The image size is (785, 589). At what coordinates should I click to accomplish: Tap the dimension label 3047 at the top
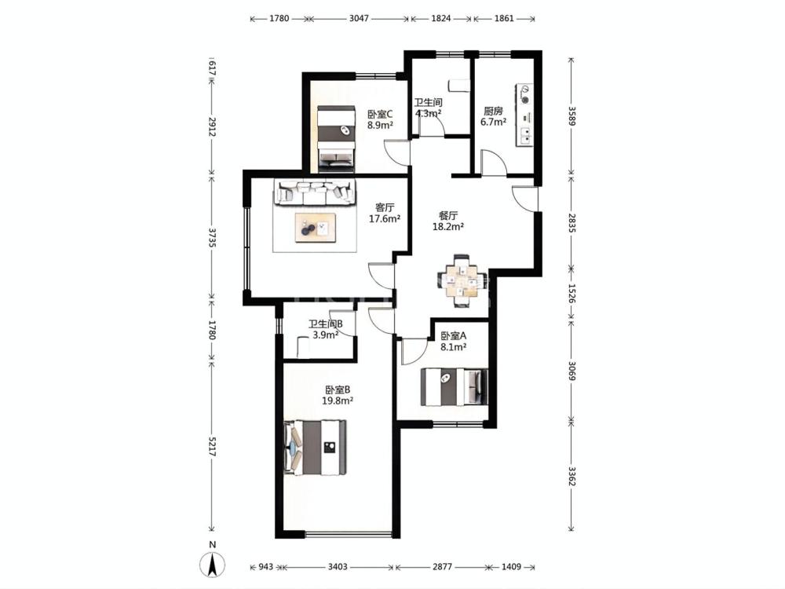[359, 19]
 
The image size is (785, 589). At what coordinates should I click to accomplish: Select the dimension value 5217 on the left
[212, 446]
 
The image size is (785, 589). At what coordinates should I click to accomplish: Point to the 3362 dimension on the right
[571, 476]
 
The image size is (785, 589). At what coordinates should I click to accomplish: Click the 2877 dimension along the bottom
[442, 566]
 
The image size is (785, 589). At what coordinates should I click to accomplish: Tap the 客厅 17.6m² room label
[385, 213]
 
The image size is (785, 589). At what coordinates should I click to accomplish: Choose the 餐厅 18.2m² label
[448, 221]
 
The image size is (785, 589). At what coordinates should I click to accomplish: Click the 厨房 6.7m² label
[493, 116]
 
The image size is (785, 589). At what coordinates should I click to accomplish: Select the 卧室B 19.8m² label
[338, 395]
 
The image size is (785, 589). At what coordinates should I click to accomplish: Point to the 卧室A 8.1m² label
[454, 341]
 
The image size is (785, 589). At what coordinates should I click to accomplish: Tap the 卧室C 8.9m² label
[380, 119]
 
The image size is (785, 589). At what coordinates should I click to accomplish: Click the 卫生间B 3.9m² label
[326, 329]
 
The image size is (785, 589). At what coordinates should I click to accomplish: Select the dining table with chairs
[462, 281]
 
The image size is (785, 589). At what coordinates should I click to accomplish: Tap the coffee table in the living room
[316, 228]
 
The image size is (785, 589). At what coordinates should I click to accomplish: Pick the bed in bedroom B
[315, 448]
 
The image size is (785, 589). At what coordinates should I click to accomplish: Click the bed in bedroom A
[455, 386]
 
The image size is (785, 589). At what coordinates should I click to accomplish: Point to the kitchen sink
[525, 136]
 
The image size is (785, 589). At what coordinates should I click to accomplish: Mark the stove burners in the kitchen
[524, 95]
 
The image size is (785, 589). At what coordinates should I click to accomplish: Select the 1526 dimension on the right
[571, 294]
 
